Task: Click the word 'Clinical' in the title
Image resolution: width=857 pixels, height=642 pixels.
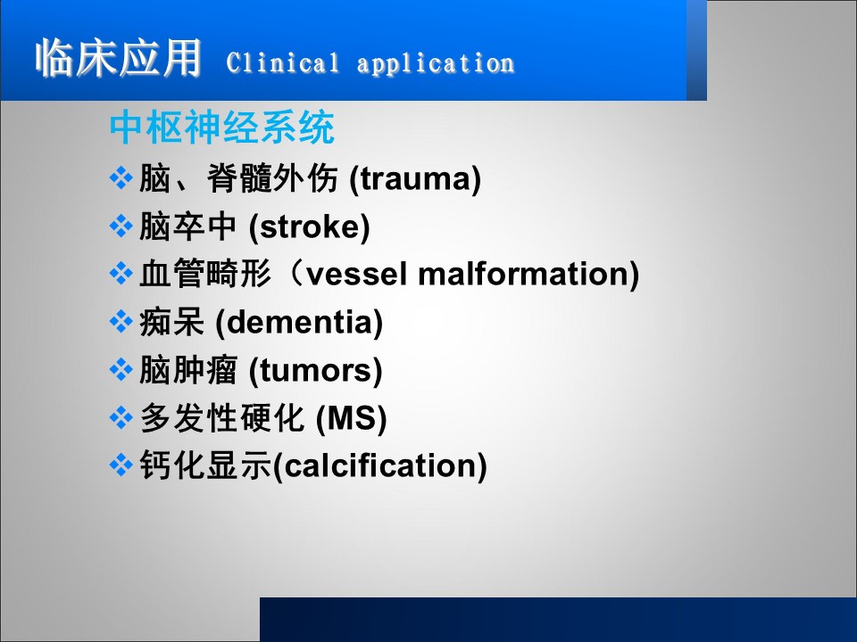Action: point(283,62)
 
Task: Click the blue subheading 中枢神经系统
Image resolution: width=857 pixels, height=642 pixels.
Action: point(222,128)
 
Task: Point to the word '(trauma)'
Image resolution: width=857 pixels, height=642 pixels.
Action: point(415,179)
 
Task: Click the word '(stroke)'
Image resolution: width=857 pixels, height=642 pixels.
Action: point(310,226)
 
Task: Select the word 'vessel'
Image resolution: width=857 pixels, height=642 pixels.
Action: point(357,274)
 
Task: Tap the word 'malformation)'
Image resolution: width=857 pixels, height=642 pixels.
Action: point(528,274)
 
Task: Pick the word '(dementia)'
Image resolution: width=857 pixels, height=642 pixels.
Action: point(299,322)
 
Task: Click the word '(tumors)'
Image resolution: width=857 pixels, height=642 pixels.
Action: point(315,371)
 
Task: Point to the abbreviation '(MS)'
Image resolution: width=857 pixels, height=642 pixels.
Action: point(352,419)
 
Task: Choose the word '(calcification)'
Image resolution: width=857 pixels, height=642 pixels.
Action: point(379,466)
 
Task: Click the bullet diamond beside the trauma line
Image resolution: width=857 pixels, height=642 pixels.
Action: point(121,178)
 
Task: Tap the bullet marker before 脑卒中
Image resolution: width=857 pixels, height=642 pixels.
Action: point(121,226)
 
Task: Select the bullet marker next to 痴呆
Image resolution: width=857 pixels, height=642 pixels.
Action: point(121,322)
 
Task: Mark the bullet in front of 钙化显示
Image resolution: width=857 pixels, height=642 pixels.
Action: point(121,465)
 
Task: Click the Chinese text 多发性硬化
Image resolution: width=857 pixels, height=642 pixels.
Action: point(222,418)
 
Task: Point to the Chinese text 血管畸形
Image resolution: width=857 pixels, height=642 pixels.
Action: point(205,274)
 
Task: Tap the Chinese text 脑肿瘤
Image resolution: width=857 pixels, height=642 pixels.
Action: point(188,370)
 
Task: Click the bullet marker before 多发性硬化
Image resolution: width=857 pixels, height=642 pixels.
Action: point(121,418)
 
